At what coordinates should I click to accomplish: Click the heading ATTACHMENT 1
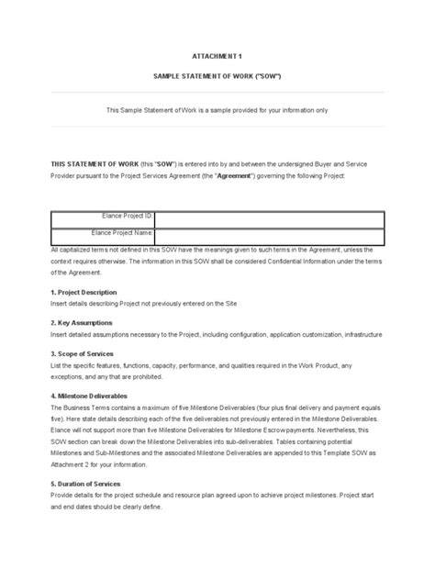pyautogui.click(x=217, y=55)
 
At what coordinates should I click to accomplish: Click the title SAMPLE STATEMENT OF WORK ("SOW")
pyautogui.click(x=217, y=76)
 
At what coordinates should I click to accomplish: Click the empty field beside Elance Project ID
pyautogui.click(x=271, y=216)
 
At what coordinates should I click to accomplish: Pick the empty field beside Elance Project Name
pyautogui.click(x=271, y=234)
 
